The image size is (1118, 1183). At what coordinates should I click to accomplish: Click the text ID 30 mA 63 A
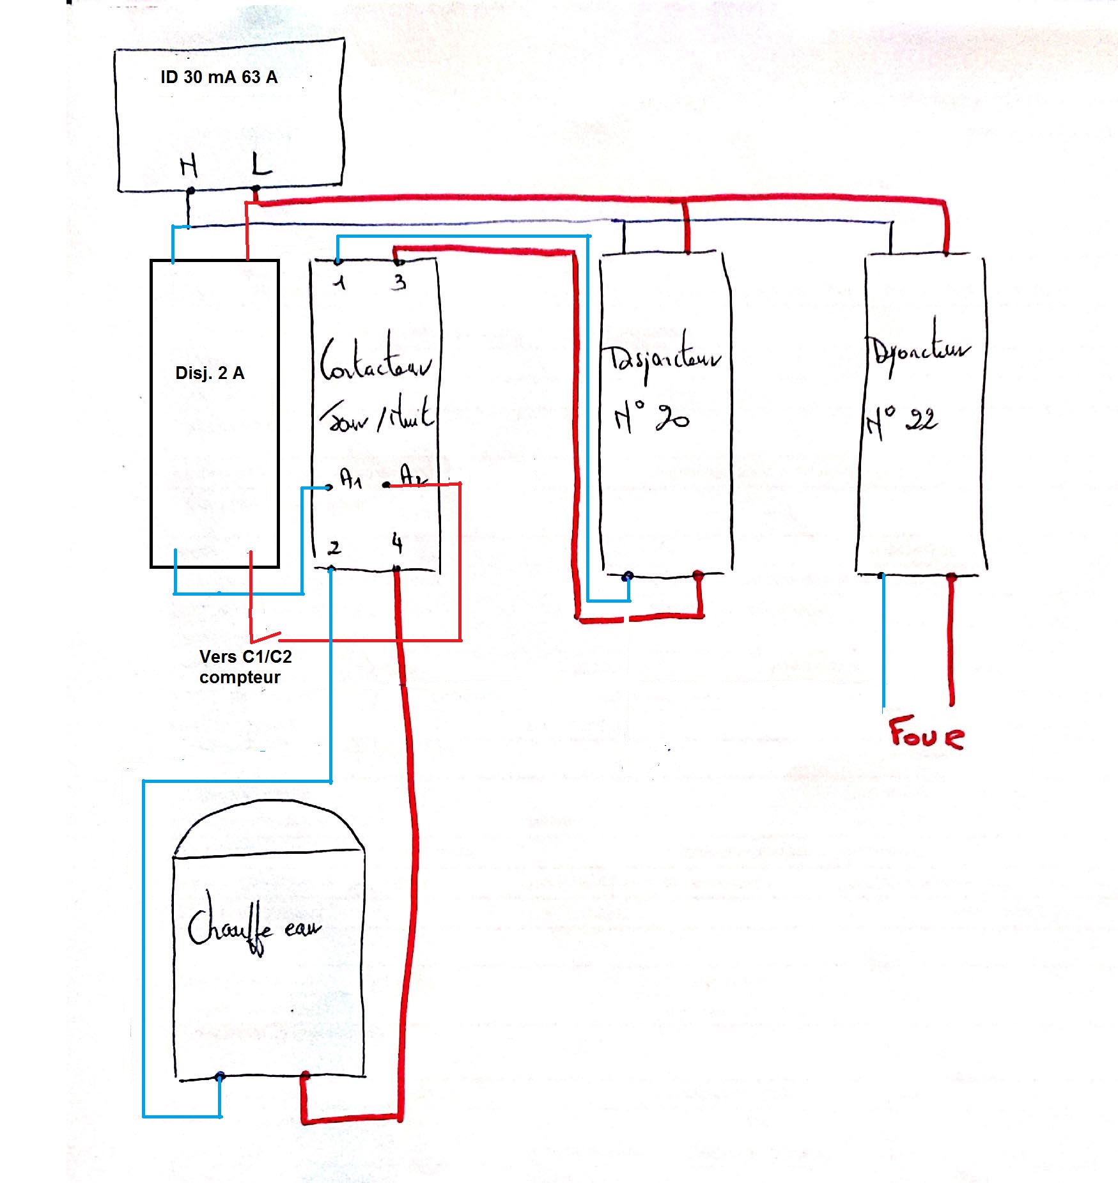219,77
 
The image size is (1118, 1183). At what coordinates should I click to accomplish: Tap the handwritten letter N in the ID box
189,167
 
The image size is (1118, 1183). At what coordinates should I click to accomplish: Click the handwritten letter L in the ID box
261,164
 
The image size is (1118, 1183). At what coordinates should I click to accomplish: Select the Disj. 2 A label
210,373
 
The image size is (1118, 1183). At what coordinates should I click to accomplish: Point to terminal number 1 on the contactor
339,282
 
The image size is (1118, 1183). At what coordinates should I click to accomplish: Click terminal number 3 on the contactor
399,282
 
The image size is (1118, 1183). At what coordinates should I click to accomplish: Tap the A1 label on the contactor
350,478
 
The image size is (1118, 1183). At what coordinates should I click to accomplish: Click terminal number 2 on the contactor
334,548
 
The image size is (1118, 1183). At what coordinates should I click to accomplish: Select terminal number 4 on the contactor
397,544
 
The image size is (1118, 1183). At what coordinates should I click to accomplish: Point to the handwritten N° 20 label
651,418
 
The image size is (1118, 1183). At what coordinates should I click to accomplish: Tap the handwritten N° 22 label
901,422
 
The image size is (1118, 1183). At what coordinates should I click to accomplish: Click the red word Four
926,733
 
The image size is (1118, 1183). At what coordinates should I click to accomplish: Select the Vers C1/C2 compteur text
245,667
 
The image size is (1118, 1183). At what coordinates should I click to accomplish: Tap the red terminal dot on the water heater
305,1076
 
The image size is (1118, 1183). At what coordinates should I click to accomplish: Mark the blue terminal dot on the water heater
220,1077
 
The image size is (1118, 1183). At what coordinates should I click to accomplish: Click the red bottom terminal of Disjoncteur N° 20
698,576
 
